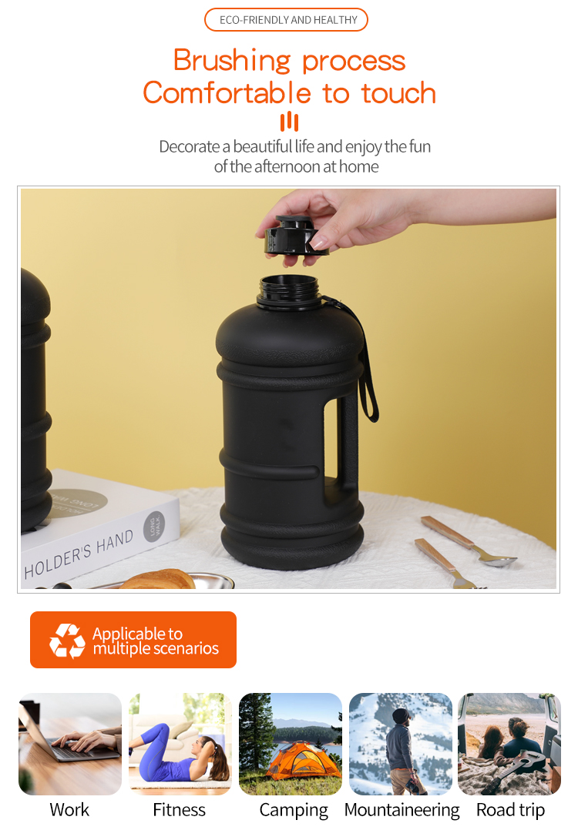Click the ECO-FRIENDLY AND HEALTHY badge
[286, 19]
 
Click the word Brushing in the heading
[232, 60]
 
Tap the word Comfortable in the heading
[227, 92]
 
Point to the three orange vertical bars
[289, 121]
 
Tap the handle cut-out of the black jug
[331, 439]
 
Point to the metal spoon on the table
[469, 541]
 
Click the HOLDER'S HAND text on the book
[79, 554]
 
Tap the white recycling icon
[67, 641]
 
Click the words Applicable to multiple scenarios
[156, 641]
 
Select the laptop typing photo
[70, 744]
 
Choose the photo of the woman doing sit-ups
[180, 744]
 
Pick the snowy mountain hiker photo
[401, 744]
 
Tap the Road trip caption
[510, 810]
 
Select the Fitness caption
[179, 810]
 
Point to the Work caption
[69, 810]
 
